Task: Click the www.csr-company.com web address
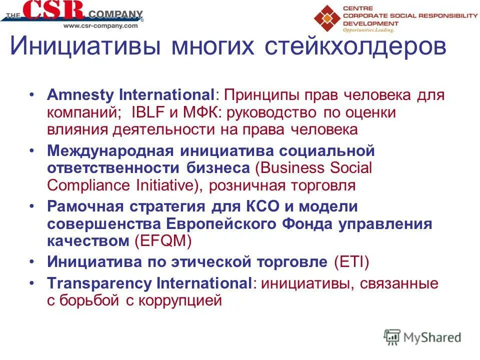tap(100, 25)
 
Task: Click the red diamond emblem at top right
tap(327, 18)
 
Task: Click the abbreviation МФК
tap(202, 112)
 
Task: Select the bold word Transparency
tap(100, 283)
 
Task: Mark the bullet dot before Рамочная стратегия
tap(33, 206)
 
